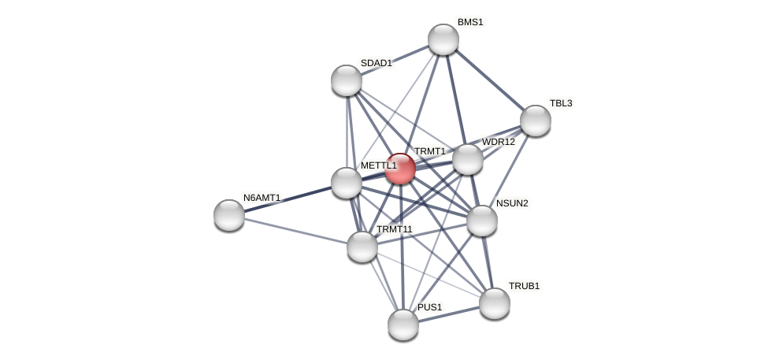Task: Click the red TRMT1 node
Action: pos(400,169)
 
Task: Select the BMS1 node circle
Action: pos(443,39)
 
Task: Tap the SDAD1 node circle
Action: pos(347,80)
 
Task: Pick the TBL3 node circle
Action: pos(536,121)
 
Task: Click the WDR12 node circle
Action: pos(468,159)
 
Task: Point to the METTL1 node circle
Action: pos(347,183)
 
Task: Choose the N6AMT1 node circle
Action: pos(229,215)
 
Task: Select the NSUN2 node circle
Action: pos(482,221)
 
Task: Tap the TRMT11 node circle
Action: pos(362,247)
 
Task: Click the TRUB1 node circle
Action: pos(495,303)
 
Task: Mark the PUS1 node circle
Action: pos(403,325)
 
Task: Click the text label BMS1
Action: pos(470,22)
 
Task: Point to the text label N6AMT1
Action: pos(262,198)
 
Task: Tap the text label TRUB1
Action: pos(524,286)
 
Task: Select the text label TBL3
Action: pos(561,103)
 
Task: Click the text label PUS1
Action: pos(429,307)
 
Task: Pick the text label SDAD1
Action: pos(376,63)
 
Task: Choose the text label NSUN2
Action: pos(512,203)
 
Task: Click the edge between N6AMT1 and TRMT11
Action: pos(295,231)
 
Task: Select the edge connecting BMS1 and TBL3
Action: pos(490,80)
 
